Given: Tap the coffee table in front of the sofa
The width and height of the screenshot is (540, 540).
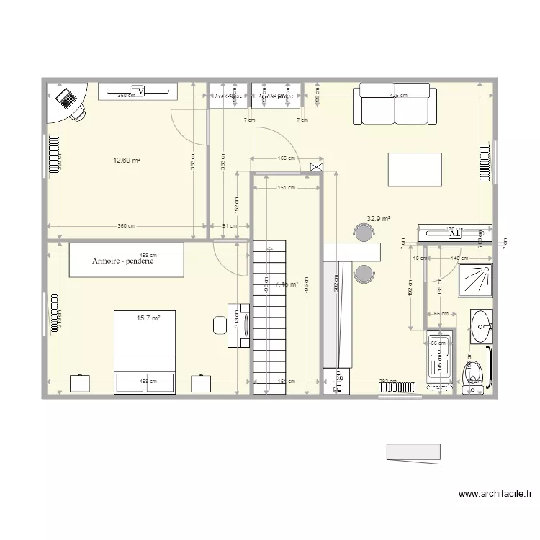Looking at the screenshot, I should (x=414, y=169).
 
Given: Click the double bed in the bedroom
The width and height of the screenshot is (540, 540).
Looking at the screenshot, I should (x=145, y=351).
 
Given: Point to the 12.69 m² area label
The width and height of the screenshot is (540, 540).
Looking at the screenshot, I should (x=126, y=161).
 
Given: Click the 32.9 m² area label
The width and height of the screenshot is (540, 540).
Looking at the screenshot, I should (x=378, y=218).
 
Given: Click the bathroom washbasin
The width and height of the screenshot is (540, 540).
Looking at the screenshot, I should (x=482, y=328).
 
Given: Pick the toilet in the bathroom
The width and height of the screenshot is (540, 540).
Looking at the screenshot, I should (x=472, y=375).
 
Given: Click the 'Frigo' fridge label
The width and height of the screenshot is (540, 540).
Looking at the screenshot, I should (x=338, y=382).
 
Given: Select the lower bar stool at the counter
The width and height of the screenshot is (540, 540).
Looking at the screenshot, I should (x=364, y=273).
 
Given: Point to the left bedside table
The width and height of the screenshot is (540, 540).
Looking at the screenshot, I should (x=80, y=383).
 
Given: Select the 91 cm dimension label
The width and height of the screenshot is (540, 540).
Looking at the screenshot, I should (x=229, y=226).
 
